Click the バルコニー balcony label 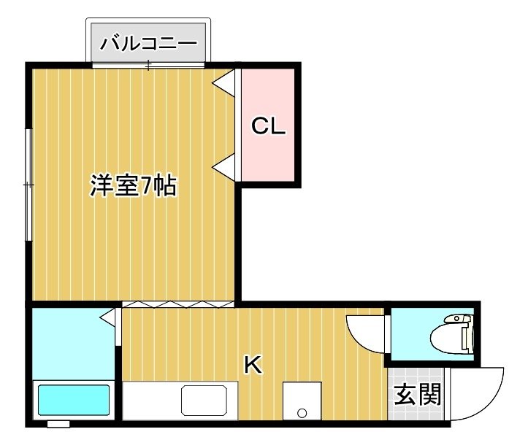point(148,44)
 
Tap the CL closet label point(268,126)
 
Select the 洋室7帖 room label point(134,185)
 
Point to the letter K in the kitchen point(253,365)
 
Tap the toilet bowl point(452,334)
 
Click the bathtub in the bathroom point(74,401)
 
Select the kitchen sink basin point(204,401)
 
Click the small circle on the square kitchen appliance point(302,412)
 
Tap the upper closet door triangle point(223,82)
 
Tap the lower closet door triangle point(223,167)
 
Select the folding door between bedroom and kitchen point(177,304)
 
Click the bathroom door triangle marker point(108,317)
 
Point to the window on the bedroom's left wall point(29,185)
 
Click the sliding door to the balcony point(148,65)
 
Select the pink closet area point(268,125)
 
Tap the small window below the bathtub point(58,424)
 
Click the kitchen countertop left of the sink point(151,401)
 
